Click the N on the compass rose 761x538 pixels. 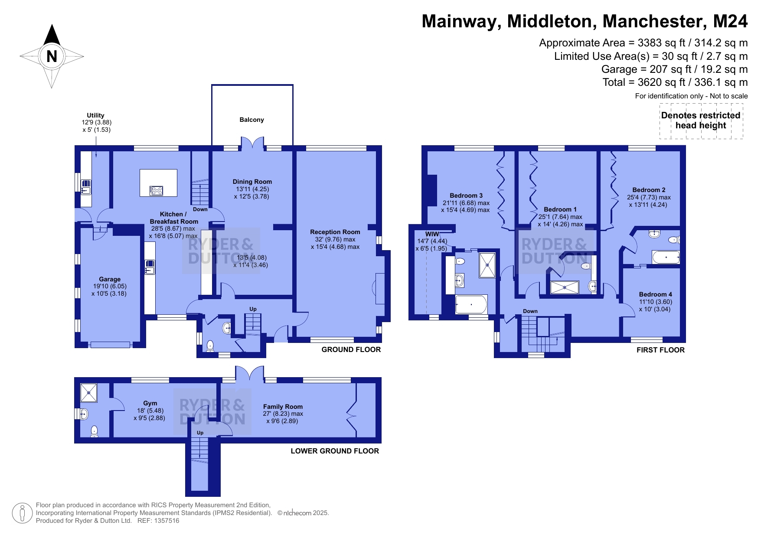[x=52, y=56]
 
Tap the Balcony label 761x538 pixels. [x=251, y=120]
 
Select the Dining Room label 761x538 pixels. [x=252, y=182]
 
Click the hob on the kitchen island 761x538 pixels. [x=156, y=190]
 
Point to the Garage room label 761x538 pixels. [x=110, y=279]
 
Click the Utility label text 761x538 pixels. [x=95, y=115]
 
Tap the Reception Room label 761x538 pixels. [x=335, y=232]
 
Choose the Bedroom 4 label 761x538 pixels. [x=655, y=294]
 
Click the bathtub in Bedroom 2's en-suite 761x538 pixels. [x=666, y=257]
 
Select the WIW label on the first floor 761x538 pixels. [x=432, y=234]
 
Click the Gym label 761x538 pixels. [x=150, y=403]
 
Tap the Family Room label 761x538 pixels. [x=283, y=407]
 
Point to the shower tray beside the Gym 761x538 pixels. [x=88, y=392]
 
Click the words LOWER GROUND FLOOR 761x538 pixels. [x=335, y=451]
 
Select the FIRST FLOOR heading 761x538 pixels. [x=660, y=350]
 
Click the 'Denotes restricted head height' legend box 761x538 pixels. [x=701, y=121]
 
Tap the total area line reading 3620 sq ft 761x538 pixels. [x=675, y=82]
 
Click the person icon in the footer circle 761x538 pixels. [x=23, y=513]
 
